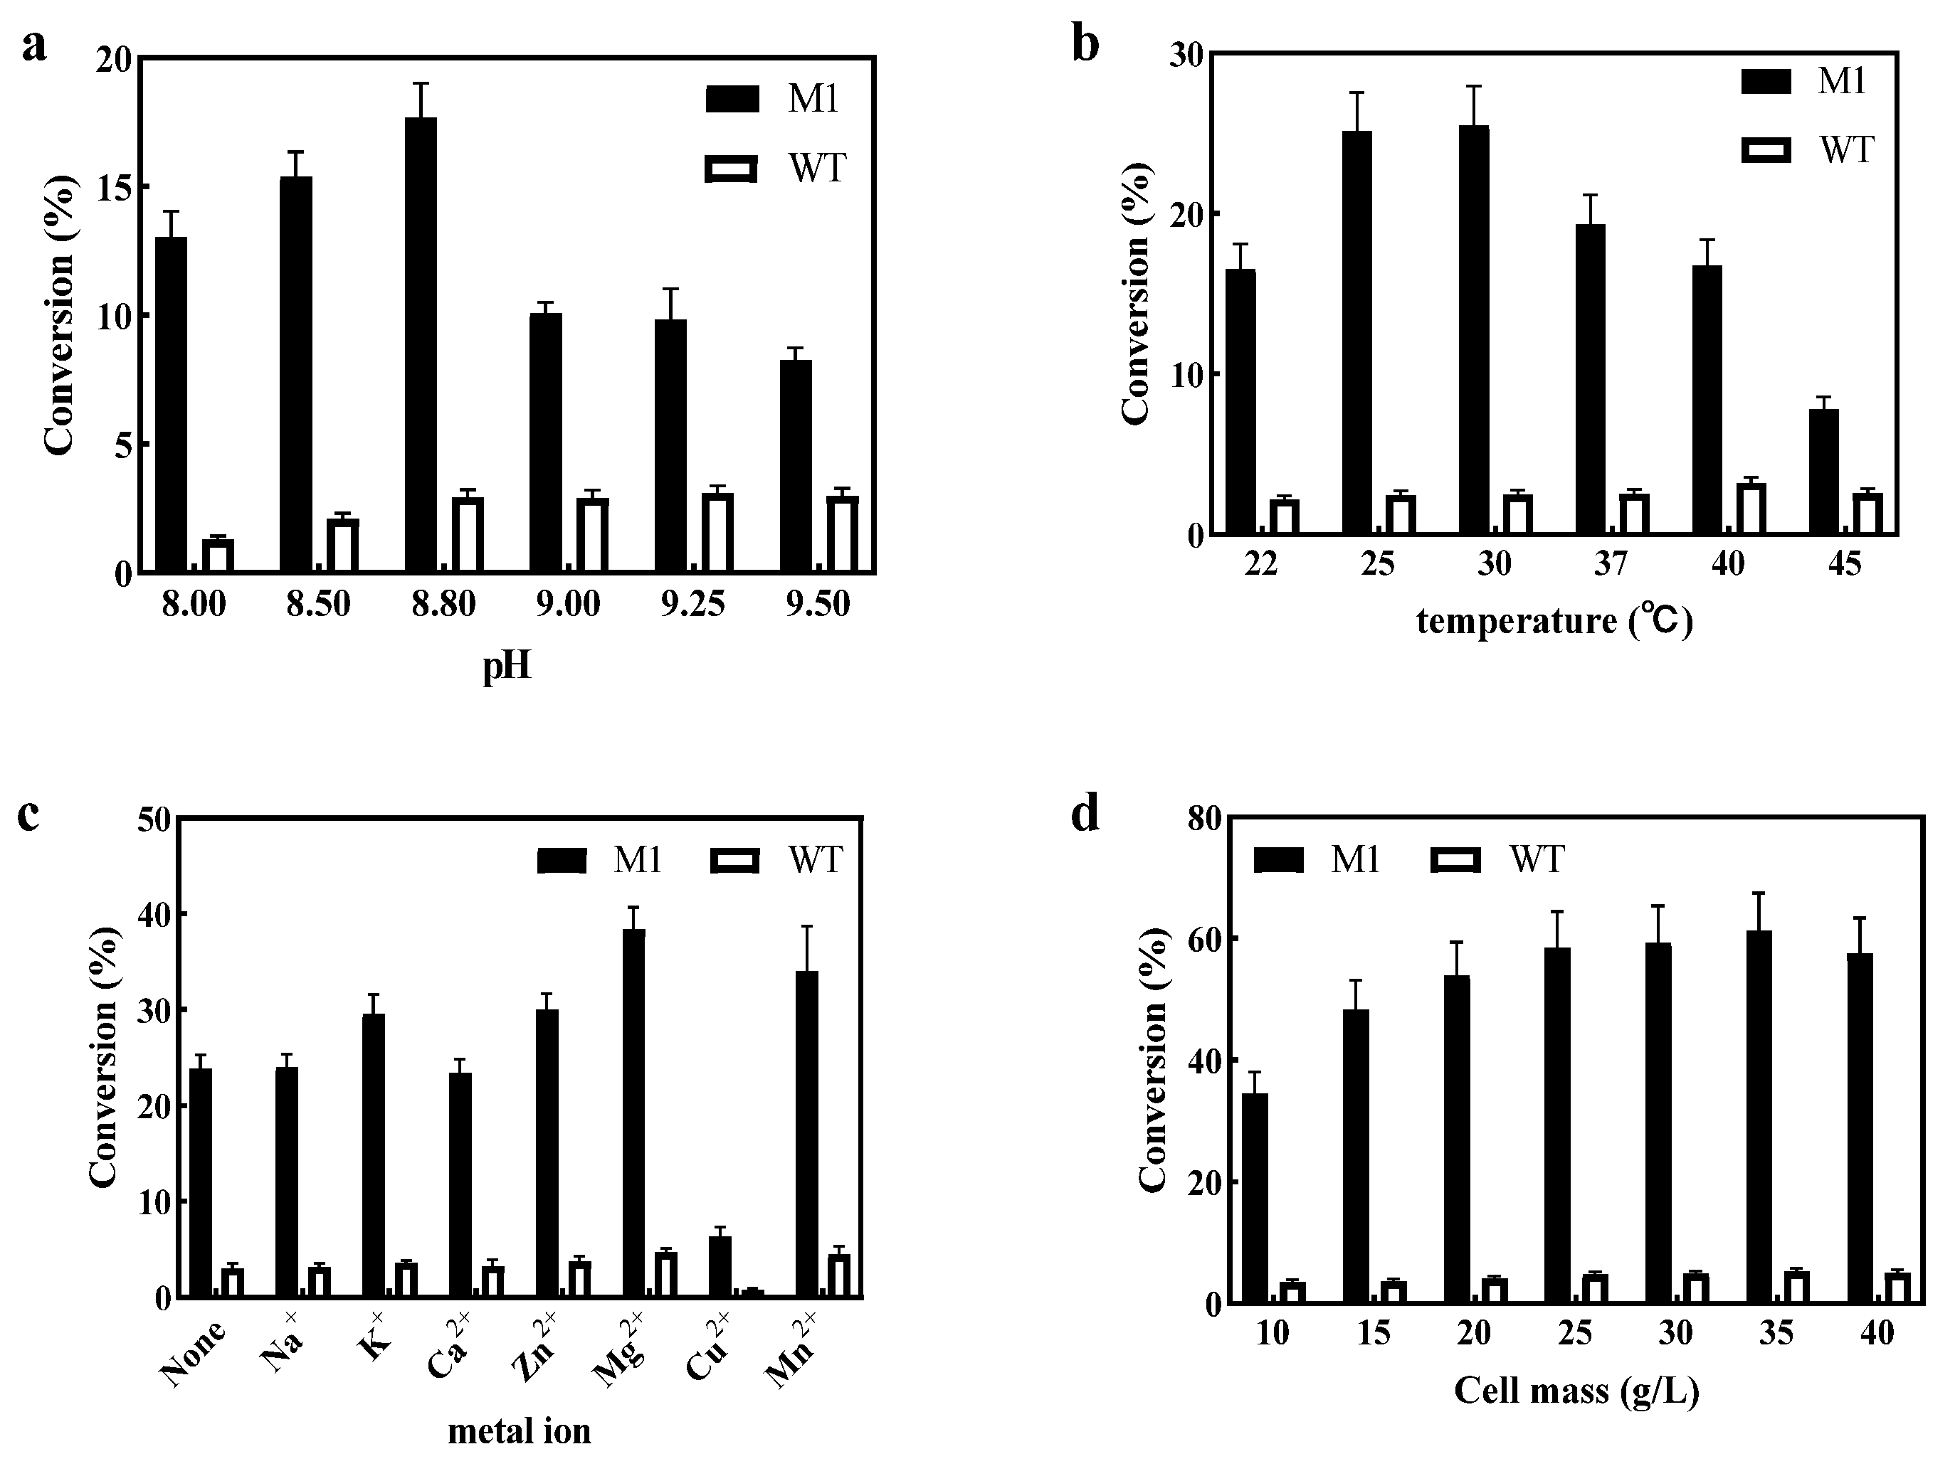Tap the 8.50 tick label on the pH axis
318,604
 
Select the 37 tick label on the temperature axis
1611,563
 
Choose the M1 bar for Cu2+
720,1268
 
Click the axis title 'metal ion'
520,1431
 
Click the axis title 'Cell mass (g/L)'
1576,1391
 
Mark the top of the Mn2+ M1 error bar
807,926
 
